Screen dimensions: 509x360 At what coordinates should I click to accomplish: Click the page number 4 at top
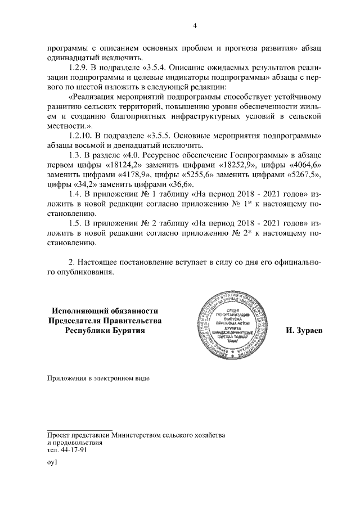(195, 25)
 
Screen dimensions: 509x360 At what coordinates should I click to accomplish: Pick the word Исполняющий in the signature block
(78, 310)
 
